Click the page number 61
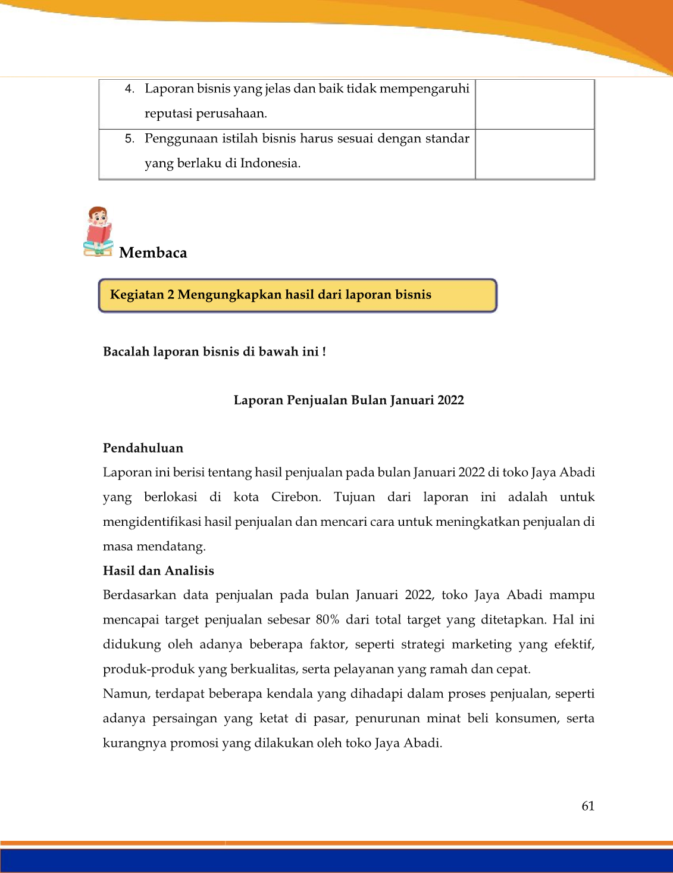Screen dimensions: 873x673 click(x=588, y=806)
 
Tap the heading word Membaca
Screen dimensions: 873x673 click(x=153, y=252)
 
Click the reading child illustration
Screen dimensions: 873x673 click(x=99, y=232)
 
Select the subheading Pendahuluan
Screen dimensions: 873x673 click(x=143, y=448)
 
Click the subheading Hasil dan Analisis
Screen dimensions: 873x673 click(x=158, y=570)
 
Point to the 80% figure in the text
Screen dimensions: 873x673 click(x=327, y=619)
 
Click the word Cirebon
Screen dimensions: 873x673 click(x=296, y=497)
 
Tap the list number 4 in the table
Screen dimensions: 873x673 click(x=129, y=89)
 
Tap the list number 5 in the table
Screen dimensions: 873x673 click(x=129, y=139)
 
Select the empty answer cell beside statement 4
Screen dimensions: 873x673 click(x=534, y=104)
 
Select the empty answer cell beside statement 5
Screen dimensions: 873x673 click(x=534, y=154)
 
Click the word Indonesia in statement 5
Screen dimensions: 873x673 click(x=270, y=163)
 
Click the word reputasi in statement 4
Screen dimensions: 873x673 click(x=167, y=114)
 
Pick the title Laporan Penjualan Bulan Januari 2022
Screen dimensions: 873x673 click(x=349, y=400)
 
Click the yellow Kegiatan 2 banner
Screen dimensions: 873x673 click(x=298, y=295)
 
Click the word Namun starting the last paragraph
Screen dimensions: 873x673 click(x=127, y=694)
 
